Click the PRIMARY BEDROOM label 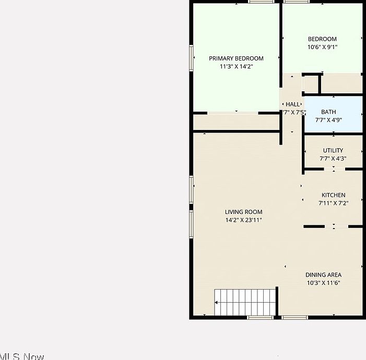tap(236, 58)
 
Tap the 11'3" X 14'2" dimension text tap(236, 67)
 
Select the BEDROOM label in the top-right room tap(322, 39)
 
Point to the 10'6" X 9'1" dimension tap(322, 47)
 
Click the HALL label tap(293, 104)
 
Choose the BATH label tap(328, 112)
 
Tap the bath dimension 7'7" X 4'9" tap(328, 120)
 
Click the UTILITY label tap(333, 151)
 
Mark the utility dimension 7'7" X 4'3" tap(333, 159)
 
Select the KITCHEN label tap(333, 195)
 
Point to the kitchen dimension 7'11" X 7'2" tap(333, 203)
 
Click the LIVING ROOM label tap(243, 212)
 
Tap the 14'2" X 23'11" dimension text tap(243, 220)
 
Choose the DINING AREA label tap(323, 275)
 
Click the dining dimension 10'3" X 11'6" tap(323, 283)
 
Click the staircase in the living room tap(244, 302)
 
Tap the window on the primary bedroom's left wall tap(192, 57)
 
